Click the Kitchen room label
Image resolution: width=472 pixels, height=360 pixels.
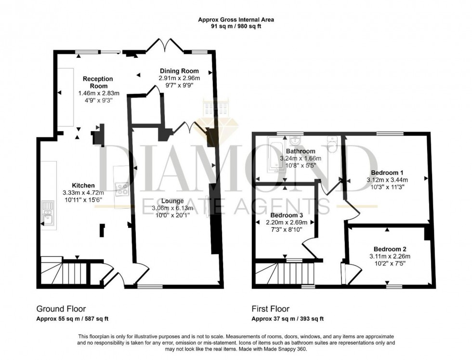(83, 186)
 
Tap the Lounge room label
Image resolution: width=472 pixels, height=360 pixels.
(172, 200)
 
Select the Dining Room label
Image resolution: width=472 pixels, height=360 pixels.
(179, 70)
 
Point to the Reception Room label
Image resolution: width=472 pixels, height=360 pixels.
(98, 82)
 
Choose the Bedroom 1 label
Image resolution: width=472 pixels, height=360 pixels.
(387, 173)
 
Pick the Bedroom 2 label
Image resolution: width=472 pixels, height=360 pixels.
(389, 249)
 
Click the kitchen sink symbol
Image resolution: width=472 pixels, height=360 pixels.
(47, 214)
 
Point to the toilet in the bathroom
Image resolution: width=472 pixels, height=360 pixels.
(331, 144)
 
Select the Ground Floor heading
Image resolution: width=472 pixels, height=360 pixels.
(61, 308)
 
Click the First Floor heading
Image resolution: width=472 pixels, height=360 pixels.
(271, 308)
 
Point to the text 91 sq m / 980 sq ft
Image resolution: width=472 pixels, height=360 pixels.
(236, 27)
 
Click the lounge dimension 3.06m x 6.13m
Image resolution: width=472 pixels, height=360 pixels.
(172, 208)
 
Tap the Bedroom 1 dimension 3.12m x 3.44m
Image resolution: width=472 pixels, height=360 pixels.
(387, 180)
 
